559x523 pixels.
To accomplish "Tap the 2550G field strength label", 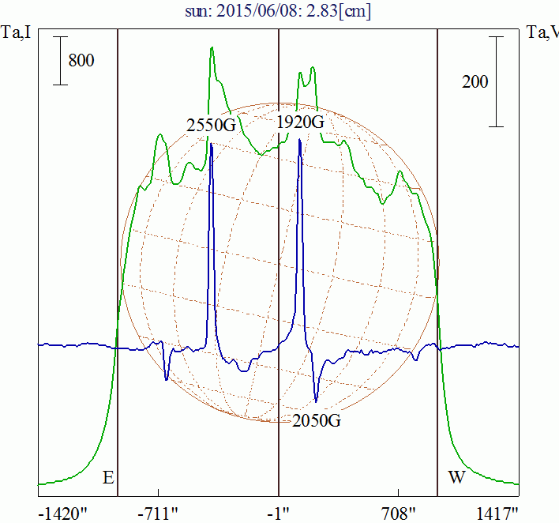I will point(212,125).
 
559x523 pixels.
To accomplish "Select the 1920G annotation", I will point(301,123).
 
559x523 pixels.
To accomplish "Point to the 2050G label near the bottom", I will point(317,420).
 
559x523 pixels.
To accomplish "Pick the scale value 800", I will point(81,60).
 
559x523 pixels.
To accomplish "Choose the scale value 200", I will point(475,81).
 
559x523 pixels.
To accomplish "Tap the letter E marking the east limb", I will point(108,478).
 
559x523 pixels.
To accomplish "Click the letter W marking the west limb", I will point(456,478).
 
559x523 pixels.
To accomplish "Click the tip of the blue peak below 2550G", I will point(211,143).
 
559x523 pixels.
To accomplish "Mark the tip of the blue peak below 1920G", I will point(300,140).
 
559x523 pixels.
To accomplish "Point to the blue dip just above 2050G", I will point(317,400).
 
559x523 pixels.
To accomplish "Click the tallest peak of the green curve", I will point(212,48).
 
